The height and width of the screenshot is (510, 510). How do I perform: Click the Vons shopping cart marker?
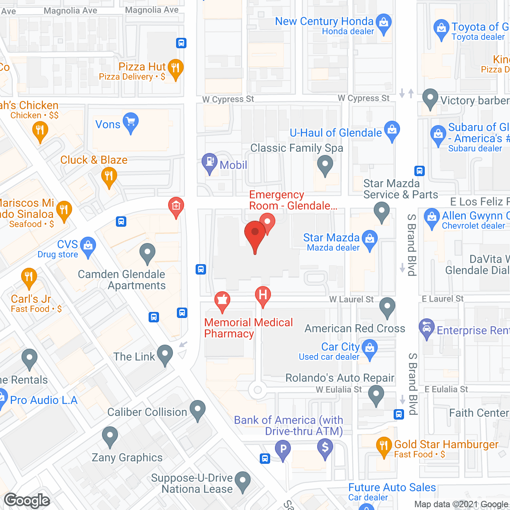click(130, 122)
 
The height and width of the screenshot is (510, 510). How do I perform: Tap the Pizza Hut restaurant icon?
click(175, 69)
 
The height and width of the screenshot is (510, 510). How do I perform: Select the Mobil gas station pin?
click(209, 163)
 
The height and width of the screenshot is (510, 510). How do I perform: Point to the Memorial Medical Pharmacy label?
click(248, 328)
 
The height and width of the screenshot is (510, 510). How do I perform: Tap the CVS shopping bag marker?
click(88, 245)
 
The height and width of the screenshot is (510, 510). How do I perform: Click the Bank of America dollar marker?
click(325, 447)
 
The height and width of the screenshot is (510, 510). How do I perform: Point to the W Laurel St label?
click(351, 299)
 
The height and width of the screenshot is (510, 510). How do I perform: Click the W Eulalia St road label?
click(339, 389)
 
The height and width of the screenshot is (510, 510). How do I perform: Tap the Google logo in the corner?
click(27, 500)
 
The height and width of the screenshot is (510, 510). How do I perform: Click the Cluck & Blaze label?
click(94, 160)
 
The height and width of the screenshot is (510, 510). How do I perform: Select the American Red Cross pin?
click(387, 307)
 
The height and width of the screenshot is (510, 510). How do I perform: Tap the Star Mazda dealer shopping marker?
click(370, 239)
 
